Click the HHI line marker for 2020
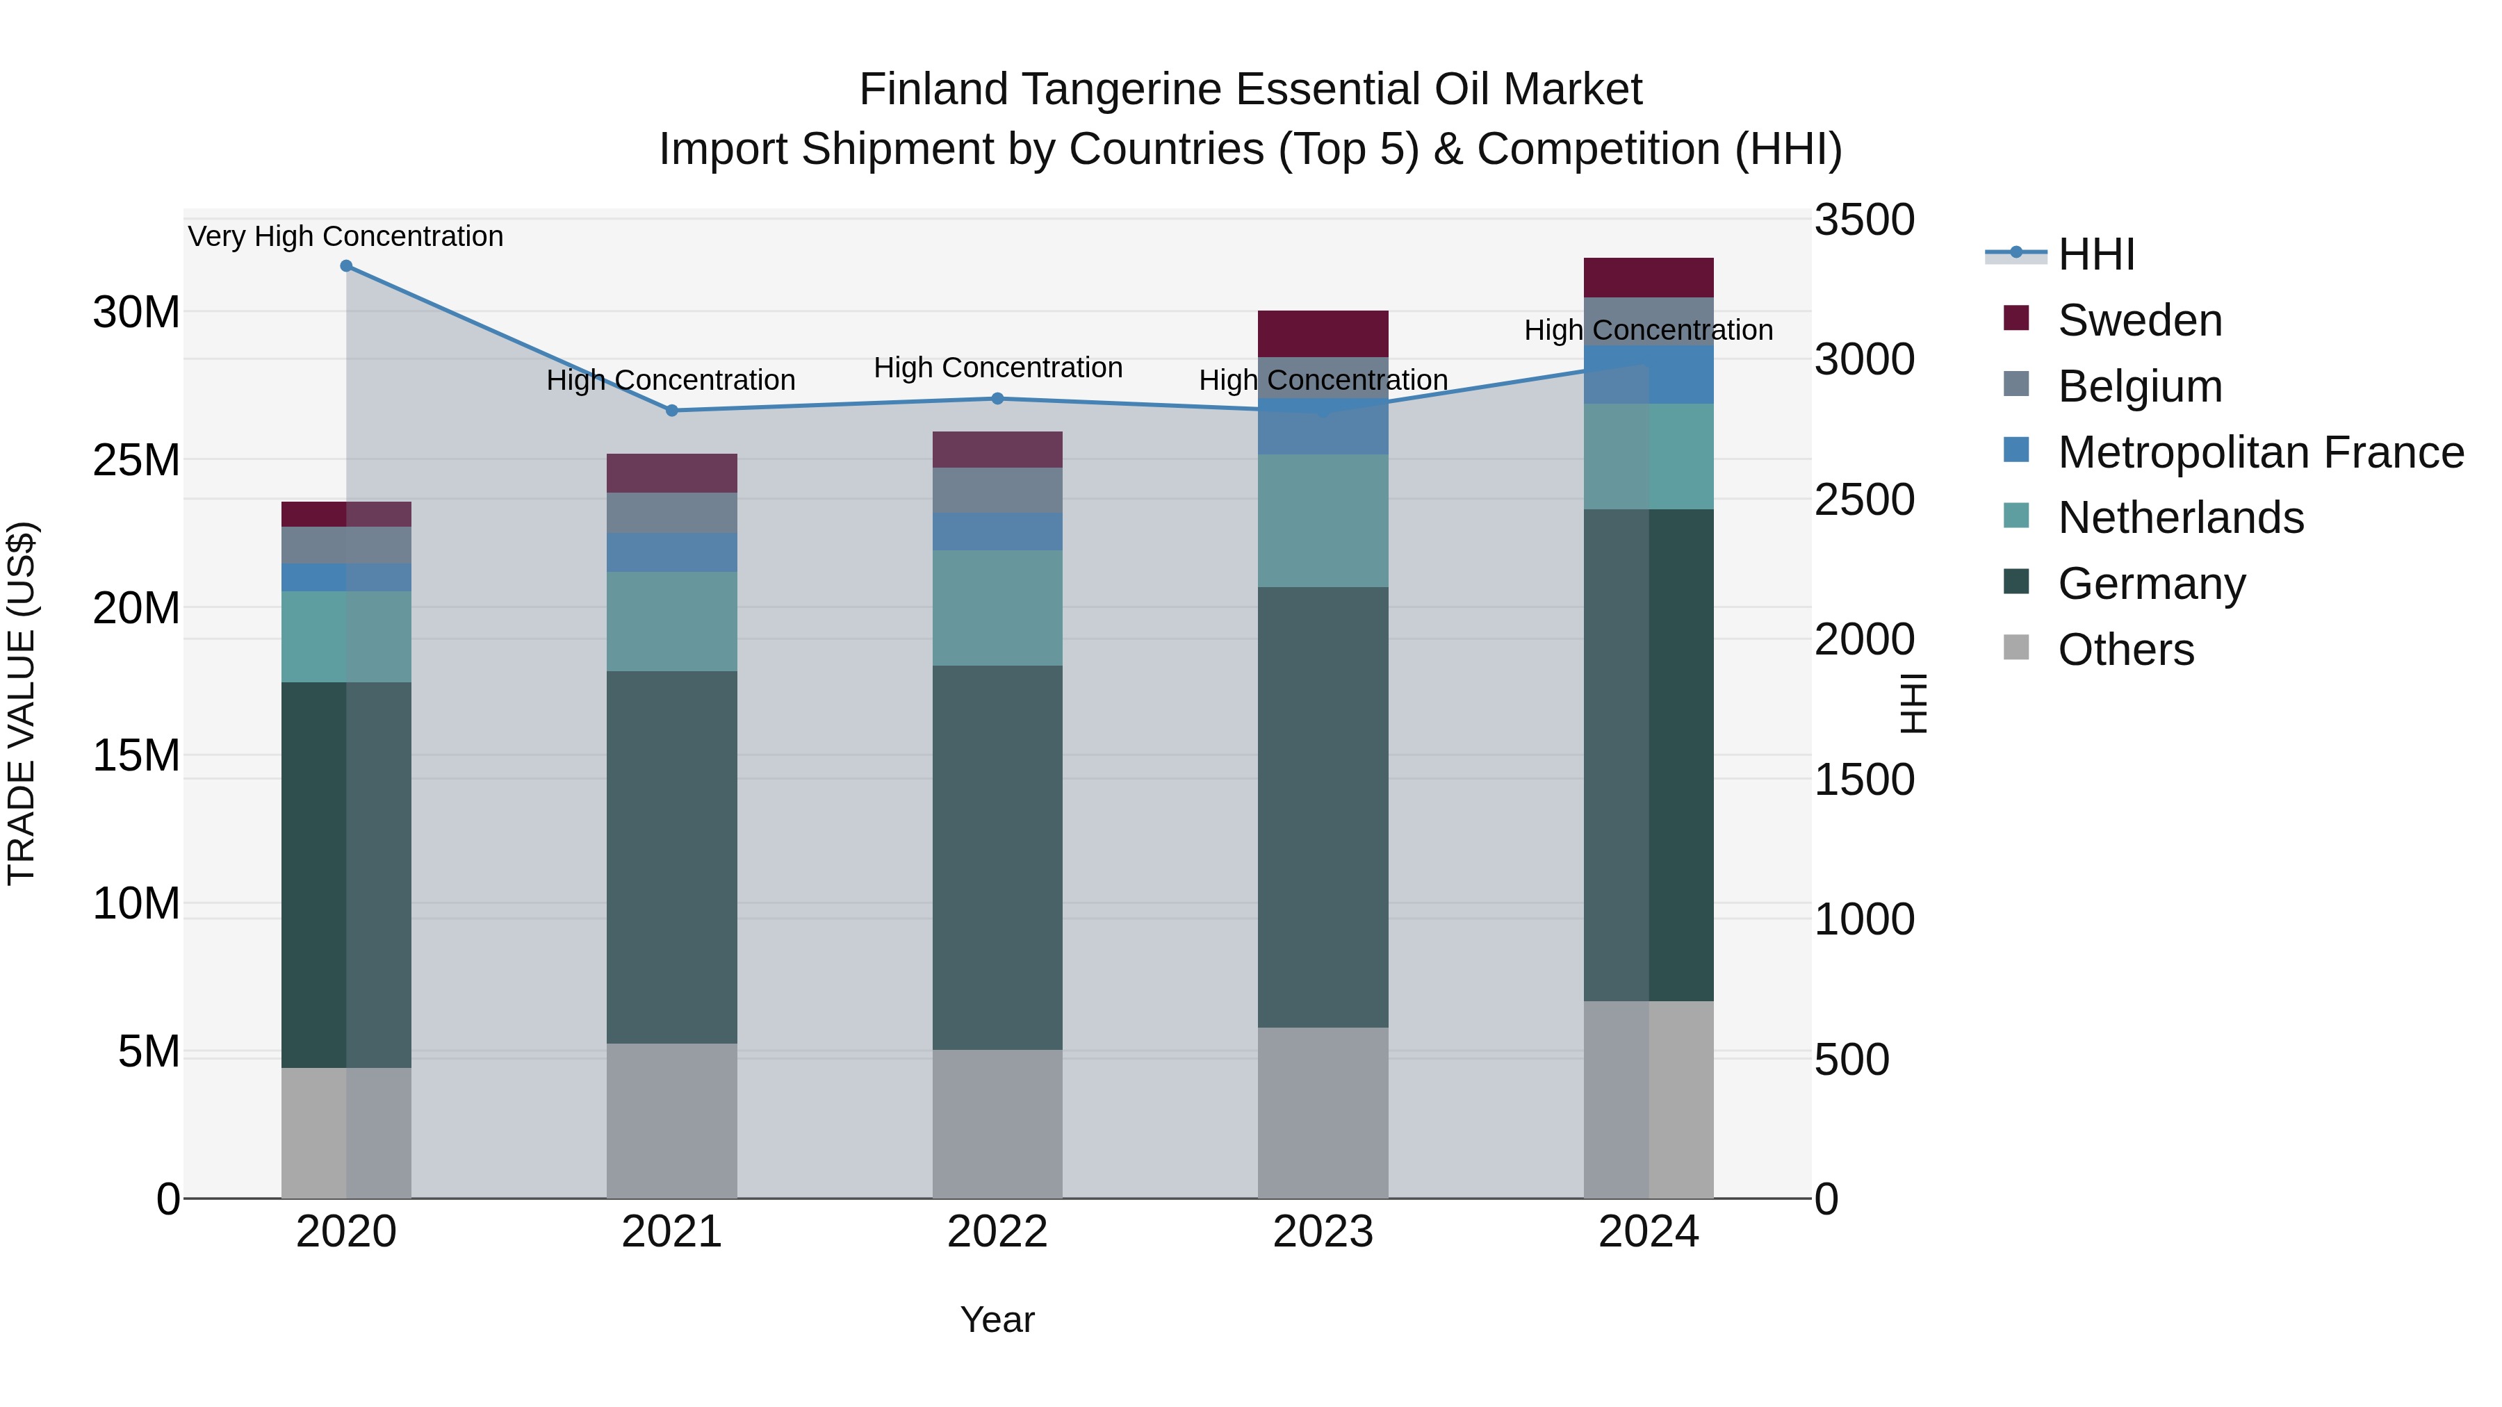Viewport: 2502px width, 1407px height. (x=346, y=266)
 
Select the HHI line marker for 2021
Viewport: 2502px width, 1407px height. (x=671, y=411)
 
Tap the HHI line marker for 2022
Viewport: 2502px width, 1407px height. (x=997, y=398)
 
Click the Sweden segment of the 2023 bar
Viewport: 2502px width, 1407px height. (x=1323, y=334)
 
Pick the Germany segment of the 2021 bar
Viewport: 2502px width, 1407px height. (x=671, y=857)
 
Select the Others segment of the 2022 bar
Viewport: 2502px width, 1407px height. (x=997, y=1124)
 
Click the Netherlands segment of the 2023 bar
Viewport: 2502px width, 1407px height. (x=1323, y=520)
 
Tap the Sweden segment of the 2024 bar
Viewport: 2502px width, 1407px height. (x=1649, y=278)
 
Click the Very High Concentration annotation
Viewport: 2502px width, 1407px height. (x=346, y=236)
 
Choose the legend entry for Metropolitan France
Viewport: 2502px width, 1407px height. (x=2260, y=452)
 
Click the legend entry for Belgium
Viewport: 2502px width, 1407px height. (x=2140, y=386)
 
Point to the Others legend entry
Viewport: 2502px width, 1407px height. (x=2125, y=650)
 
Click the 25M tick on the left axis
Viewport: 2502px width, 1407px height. (x=136, y=460)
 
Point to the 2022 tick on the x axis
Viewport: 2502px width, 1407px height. (x=997, y=1232)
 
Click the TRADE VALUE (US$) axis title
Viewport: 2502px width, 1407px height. (x=22, y=703)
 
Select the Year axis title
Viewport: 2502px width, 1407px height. (x=997, y=1319)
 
